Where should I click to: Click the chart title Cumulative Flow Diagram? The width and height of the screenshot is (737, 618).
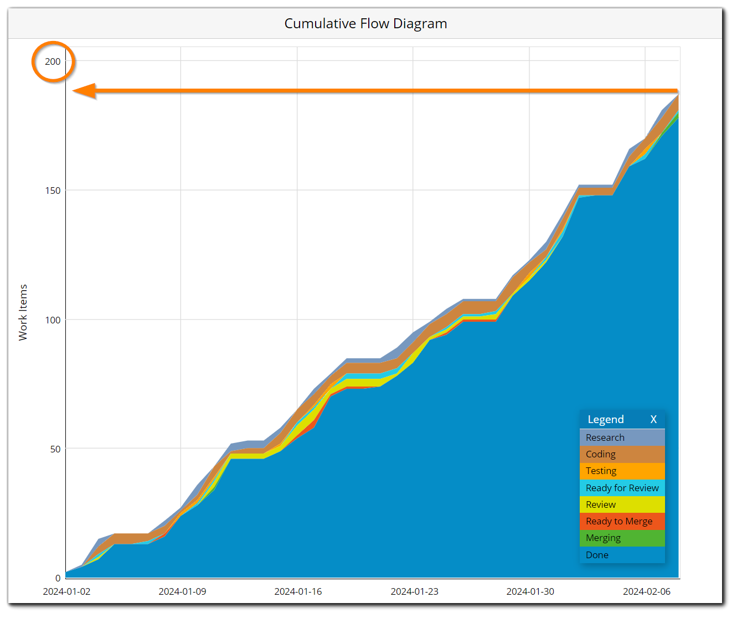365,24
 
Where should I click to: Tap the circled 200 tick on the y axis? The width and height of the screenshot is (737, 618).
53,61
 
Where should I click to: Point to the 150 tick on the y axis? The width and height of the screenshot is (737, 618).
53,190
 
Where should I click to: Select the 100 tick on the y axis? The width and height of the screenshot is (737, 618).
53,320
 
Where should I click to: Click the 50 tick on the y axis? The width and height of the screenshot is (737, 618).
55,449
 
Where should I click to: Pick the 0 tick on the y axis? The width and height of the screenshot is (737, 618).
58,578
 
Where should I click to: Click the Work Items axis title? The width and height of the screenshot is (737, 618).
23,312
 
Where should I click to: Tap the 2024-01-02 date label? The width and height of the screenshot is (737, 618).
66,591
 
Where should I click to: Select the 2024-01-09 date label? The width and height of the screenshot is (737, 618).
182,591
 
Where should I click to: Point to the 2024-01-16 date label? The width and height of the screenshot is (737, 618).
298,591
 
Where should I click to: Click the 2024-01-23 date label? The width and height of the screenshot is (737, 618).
414,591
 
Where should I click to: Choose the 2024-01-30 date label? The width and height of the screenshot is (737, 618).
530,591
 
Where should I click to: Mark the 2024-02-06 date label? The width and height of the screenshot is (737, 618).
646,591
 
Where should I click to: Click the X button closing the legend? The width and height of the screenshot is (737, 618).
653,420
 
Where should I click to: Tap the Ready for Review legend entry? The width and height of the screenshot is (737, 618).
622,488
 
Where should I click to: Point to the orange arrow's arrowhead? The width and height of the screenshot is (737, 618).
83,91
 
